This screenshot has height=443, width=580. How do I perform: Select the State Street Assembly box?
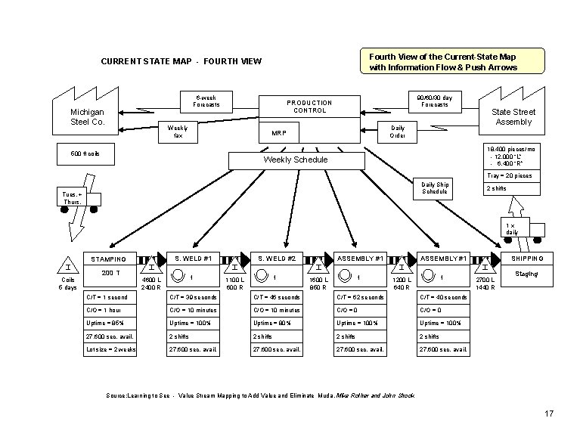pos(513,116)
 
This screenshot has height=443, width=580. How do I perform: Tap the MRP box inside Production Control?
pos(279,133)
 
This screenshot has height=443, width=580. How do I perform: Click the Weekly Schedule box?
pos(296,160)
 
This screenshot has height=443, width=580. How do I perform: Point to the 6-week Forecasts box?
pos(206,101)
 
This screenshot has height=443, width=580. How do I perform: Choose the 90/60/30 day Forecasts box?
pos(435,101)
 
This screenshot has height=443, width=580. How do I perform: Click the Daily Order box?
pos(397,132)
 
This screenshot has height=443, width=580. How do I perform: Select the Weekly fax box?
pos(178,132)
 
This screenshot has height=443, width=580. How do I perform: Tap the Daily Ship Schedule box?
pos(436,188)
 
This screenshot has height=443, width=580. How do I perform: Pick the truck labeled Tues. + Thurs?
pos(78,198)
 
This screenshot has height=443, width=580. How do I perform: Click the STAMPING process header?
pos(109,259)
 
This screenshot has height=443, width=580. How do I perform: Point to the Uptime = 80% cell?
pos(277,323)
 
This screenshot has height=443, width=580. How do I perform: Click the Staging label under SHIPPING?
pos(527,274)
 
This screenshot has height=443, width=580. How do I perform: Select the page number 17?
pos(549,414)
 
